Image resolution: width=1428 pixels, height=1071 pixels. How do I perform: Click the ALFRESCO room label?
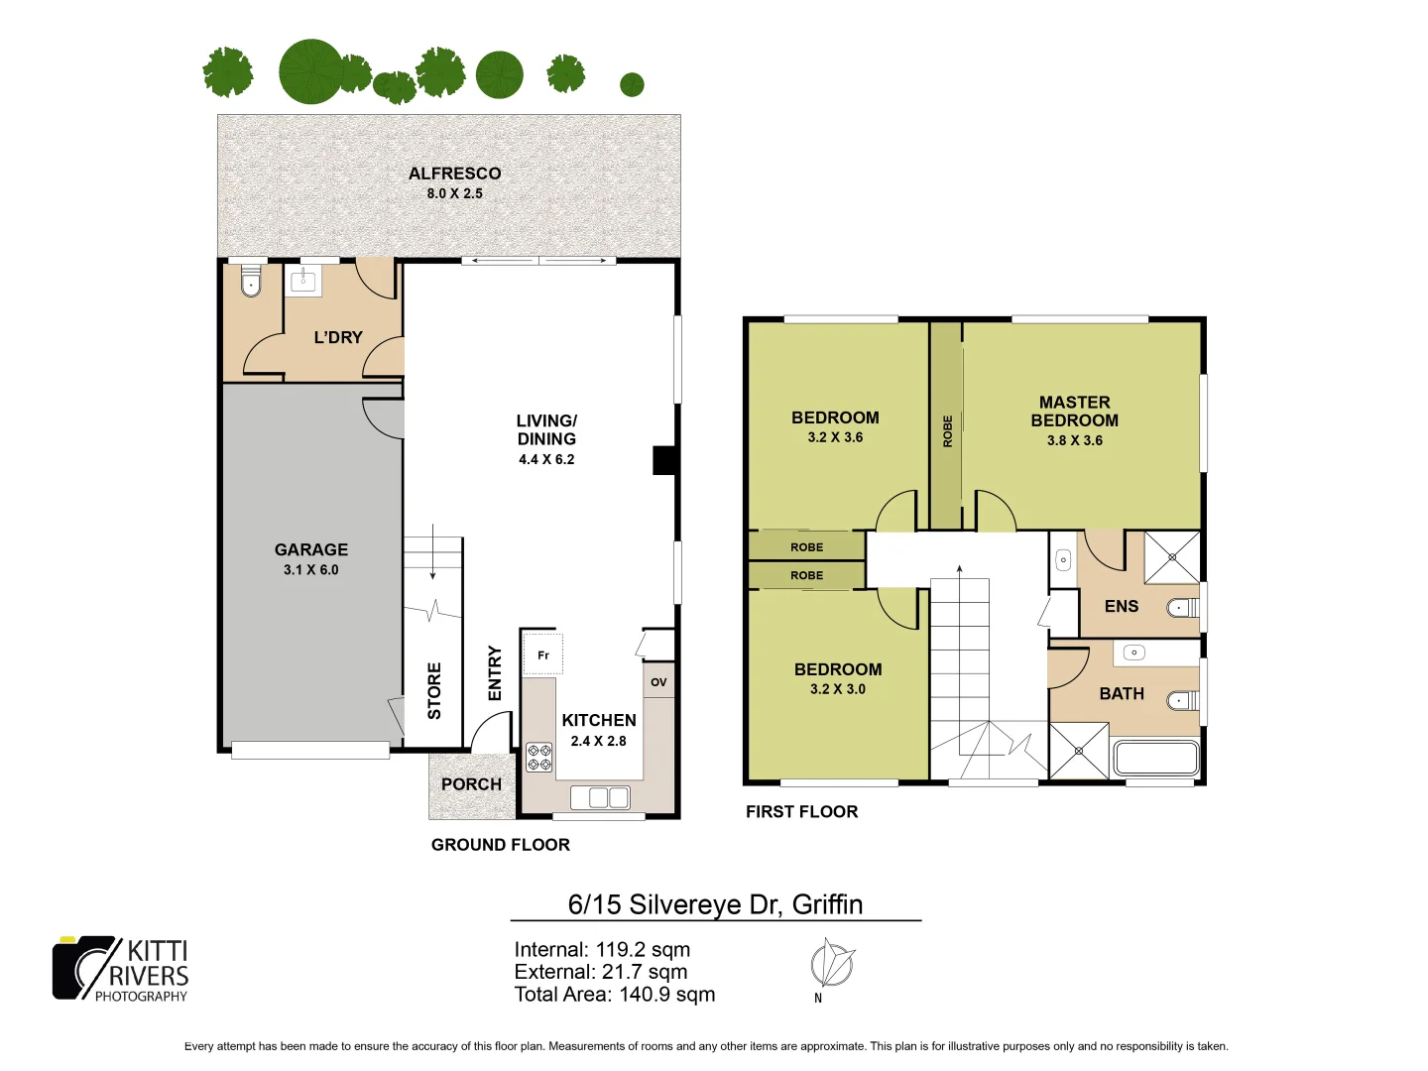click(454, 174)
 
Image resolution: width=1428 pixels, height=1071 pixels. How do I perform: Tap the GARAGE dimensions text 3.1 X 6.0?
click(310, 570)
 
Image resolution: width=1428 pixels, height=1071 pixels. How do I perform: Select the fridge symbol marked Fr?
click(542, 654)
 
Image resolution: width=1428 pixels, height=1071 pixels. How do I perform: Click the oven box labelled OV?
click(658, 682)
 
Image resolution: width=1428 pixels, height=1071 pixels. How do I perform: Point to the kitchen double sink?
click(600, 797)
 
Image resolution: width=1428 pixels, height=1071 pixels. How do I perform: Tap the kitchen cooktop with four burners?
click(539, 758)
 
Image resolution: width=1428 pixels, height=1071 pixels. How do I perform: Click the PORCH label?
click(471, 784)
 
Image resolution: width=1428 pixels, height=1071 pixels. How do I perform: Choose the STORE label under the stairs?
click(434, 690)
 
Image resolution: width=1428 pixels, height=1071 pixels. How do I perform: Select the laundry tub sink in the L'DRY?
click(302, 281)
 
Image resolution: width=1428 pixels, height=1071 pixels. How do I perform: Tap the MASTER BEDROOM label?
click(1074, 411)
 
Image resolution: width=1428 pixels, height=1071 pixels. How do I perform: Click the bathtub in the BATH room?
click(1156, 759)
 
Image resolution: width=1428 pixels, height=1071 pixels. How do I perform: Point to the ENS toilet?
click(1181, 607)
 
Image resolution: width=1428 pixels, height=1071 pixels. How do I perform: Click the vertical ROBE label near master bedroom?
click(947, 431)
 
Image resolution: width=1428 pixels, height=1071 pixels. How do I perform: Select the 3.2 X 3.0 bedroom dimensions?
click(837, 689)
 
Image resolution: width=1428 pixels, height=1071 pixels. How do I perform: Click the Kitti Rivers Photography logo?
click(120, 969)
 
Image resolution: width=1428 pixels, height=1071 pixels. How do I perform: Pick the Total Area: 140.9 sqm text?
click(614, 995)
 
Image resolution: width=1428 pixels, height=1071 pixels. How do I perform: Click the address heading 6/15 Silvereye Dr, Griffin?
click(715, 904)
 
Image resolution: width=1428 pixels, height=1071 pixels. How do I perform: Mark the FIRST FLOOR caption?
click(801, 812)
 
